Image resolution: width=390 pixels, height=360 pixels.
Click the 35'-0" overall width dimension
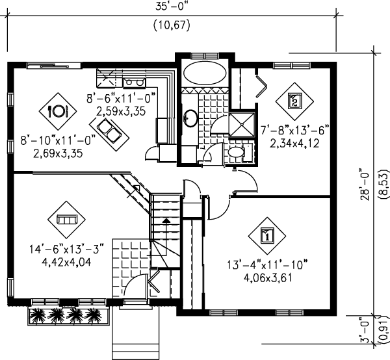pos(172,6)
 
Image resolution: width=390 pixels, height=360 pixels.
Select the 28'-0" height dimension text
pos(365,185)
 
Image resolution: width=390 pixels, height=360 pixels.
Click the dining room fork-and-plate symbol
pos(58,111)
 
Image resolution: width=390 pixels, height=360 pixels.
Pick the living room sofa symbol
pos(66,220)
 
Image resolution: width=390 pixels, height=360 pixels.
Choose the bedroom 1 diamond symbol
pos(267,236)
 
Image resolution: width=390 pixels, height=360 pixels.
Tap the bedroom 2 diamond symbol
pos(294,101)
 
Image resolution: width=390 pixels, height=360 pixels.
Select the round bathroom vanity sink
pos(191,118)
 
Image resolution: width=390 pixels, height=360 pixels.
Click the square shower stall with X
pos(242,125)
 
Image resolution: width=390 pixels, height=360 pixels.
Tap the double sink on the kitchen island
pos(109,130)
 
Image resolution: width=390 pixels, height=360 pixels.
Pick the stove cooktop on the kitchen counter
pos(135,82)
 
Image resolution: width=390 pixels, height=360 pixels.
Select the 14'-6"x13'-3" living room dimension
pos(66,249)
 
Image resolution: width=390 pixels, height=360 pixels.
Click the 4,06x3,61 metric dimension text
pos(267,277)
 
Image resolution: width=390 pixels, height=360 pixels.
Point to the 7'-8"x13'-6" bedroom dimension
pos(295,130)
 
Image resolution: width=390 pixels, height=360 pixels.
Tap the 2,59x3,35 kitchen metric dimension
pos(121,111)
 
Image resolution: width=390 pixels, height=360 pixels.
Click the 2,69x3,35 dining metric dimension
pos(58,153)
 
